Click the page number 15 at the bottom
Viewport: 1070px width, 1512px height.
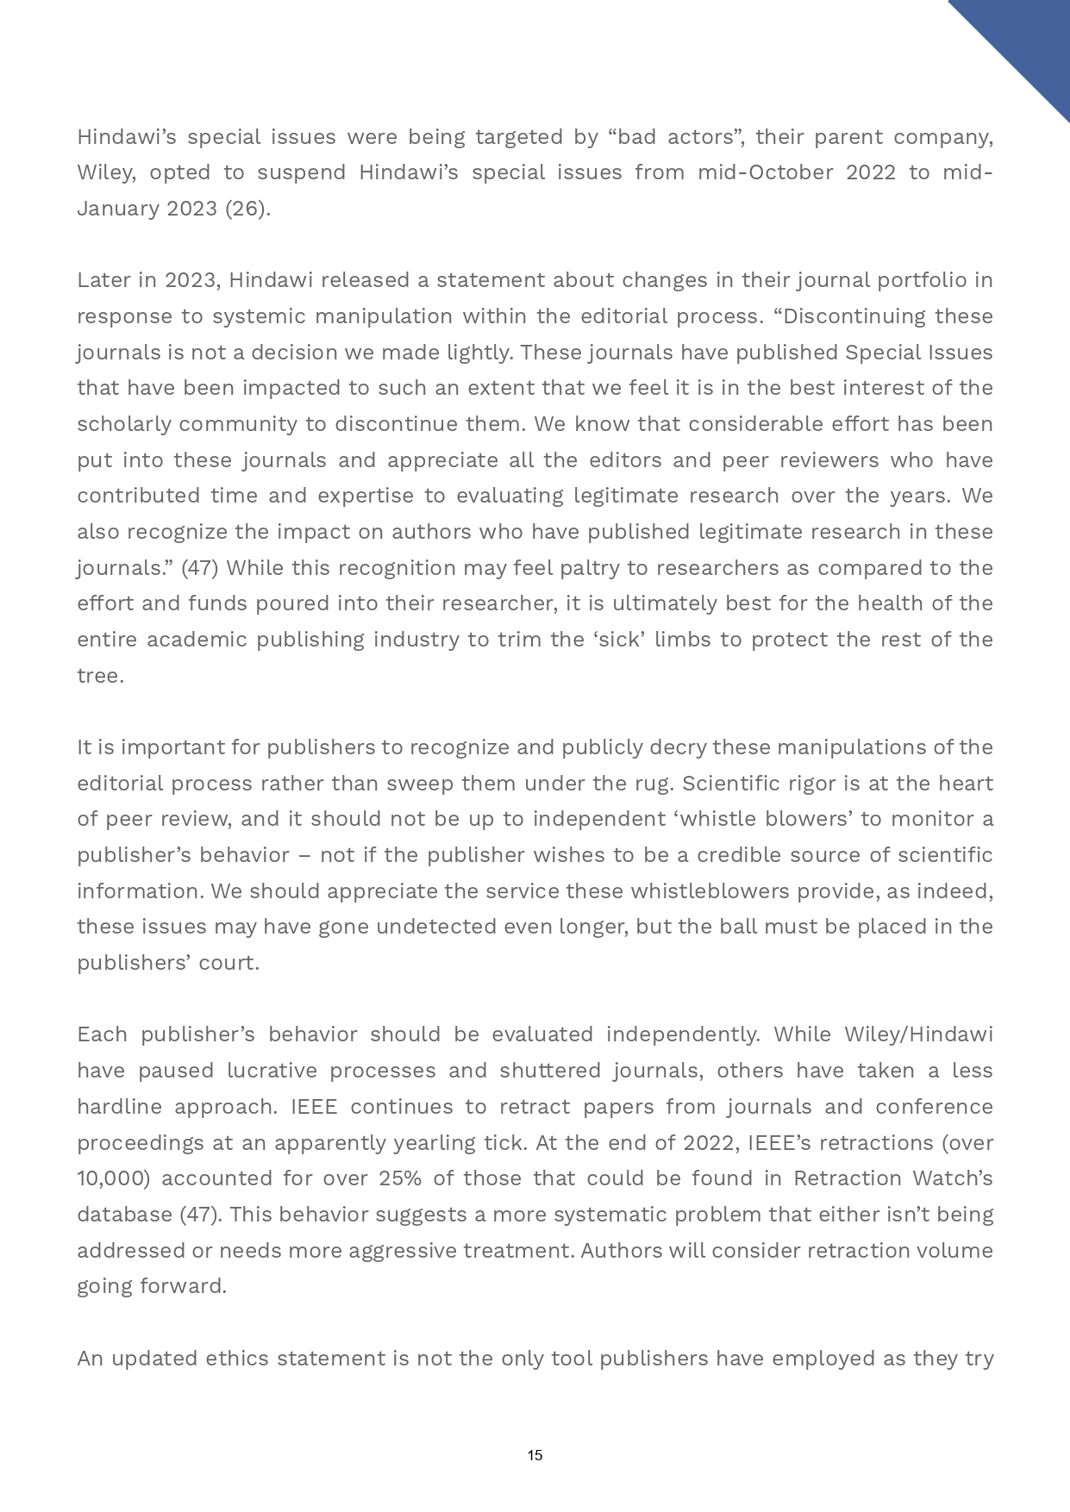(x=535, y=1455)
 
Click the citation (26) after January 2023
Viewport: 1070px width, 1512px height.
(x=247, y=209)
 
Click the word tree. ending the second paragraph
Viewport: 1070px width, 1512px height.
(x=100, y=676)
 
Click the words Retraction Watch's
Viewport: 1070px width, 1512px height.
(x=893, y=1178)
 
